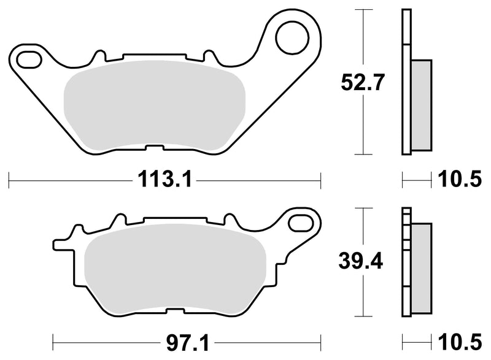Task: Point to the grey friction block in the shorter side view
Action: [421, 258]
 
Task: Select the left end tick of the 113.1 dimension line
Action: [10, 180]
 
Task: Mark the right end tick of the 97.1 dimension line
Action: [321, 339]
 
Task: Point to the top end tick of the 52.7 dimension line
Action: [365, 10]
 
